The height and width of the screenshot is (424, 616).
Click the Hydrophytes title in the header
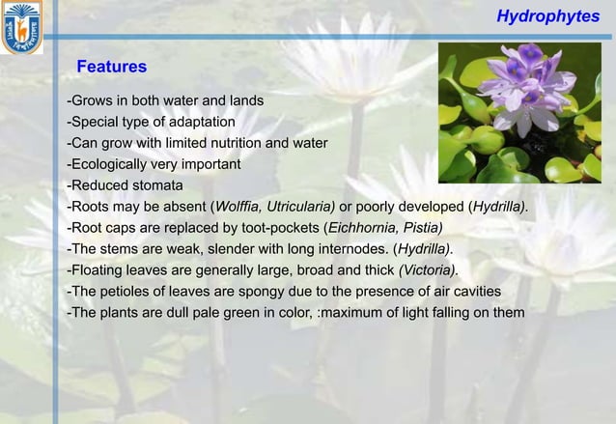point(547,16)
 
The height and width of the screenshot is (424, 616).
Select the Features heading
point(111,67)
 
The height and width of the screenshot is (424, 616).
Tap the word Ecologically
point(107,164)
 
